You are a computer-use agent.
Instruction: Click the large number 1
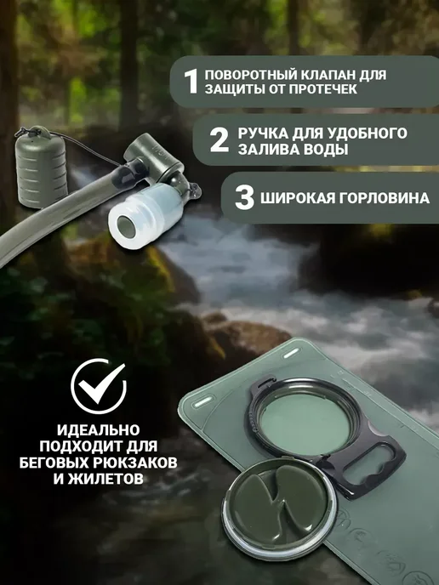tap(191, 82)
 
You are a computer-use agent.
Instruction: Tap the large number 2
tap(219, 139)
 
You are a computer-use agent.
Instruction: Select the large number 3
tap(244, 197)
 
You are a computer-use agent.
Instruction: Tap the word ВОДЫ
tap(329, 150)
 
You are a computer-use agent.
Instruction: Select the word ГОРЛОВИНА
tap(385, 198)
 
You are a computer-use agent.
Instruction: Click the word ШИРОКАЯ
tap(297, 198)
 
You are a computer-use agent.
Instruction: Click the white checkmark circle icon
tap(99, 386)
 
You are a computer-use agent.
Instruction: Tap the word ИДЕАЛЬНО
tap(98, 429)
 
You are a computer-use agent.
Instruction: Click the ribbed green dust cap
tap(41, 167)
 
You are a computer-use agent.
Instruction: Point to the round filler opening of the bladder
tap(305, 424)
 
